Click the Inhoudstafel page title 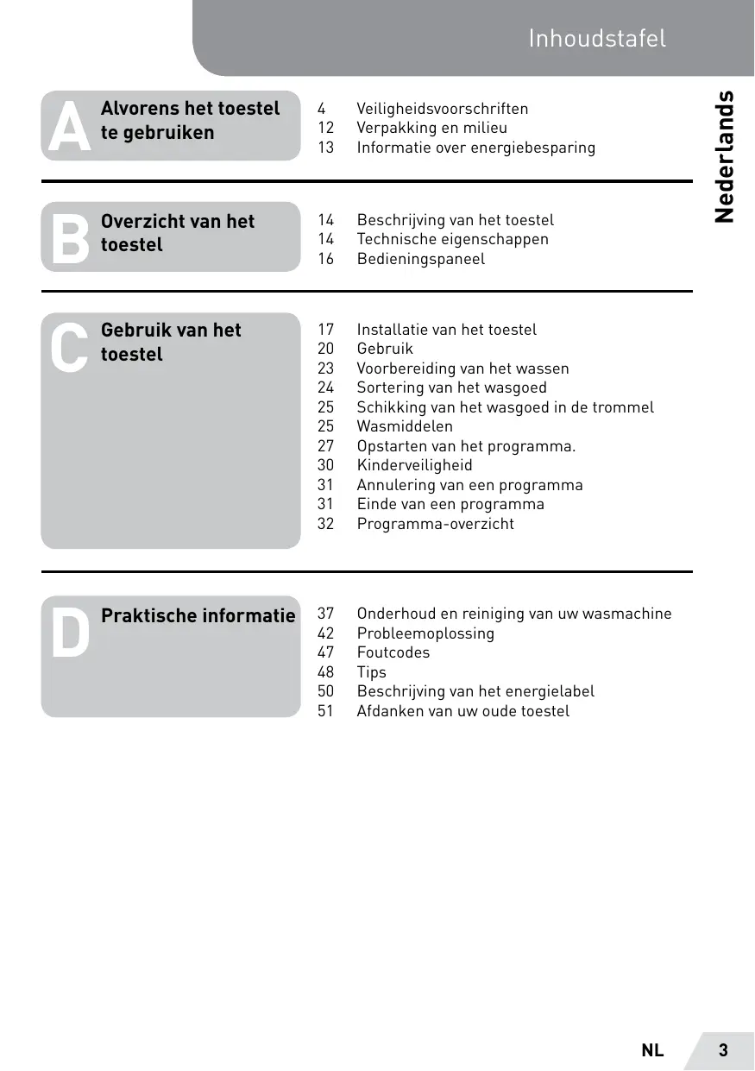(597, 38)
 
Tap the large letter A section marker (70, 126)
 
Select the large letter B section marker (70, 237)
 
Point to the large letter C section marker (69, 348)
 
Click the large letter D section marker (70, 633)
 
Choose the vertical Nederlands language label (725, 156)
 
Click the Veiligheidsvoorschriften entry (443, 109)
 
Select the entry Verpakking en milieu (432, 128)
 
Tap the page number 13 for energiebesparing (325, 148)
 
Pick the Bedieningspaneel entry (421, 259)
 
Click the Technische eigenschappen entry (453, 239)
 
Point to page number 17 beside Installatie (325, 330)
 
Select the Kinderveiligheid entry (415, 465)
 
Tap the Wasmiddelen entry (405, 426)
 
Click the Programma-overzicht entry (436, 524)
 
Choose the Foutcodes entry (393, 652)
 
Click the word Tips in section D (372, 672)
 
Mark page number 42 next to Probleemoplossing (325, 633)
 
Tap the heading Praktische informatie (198, 615)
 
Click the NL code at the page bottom (652, 1050)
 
